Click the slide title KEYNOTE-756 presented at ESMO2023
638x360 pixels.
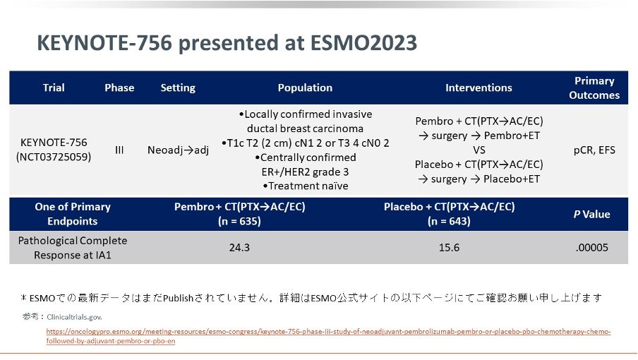coord(227,43)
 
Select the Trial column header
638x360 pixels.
coord(54,88)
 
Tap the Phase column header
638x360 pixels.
coord(119,88)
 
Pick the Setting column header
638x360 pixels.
coord(178,88)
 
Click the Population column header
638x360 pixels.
coord(305,88)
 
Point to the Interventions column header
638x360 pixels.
coord(479,88)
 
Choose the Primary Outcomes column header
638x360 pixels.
coord(594,88)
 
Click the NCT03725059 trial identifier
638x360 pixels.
coord(54,157)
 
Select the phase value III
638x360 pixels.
coord(119,150)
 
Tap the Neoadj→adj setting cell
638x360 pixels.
coord(178,150)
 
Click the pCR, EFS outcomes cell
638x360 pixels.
coord(594,150)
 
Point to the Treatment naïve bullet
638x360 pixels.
coord(306,186)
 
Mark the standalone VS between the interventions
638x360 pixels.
coord(479,150)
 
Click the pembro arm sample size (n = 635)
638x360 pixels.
coord(239,221)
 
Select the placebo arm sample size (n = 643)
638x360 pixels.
coord(449,221)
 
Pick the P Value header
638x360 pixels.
coord(591,215)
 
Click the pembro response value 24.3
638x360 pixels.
coord(239,248)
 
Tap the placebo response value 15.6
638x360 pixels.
coord(449,248)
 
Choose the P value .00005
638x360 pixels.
coord(592,248)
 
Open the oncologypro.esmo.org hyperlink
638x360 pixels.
coord(328,336)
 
